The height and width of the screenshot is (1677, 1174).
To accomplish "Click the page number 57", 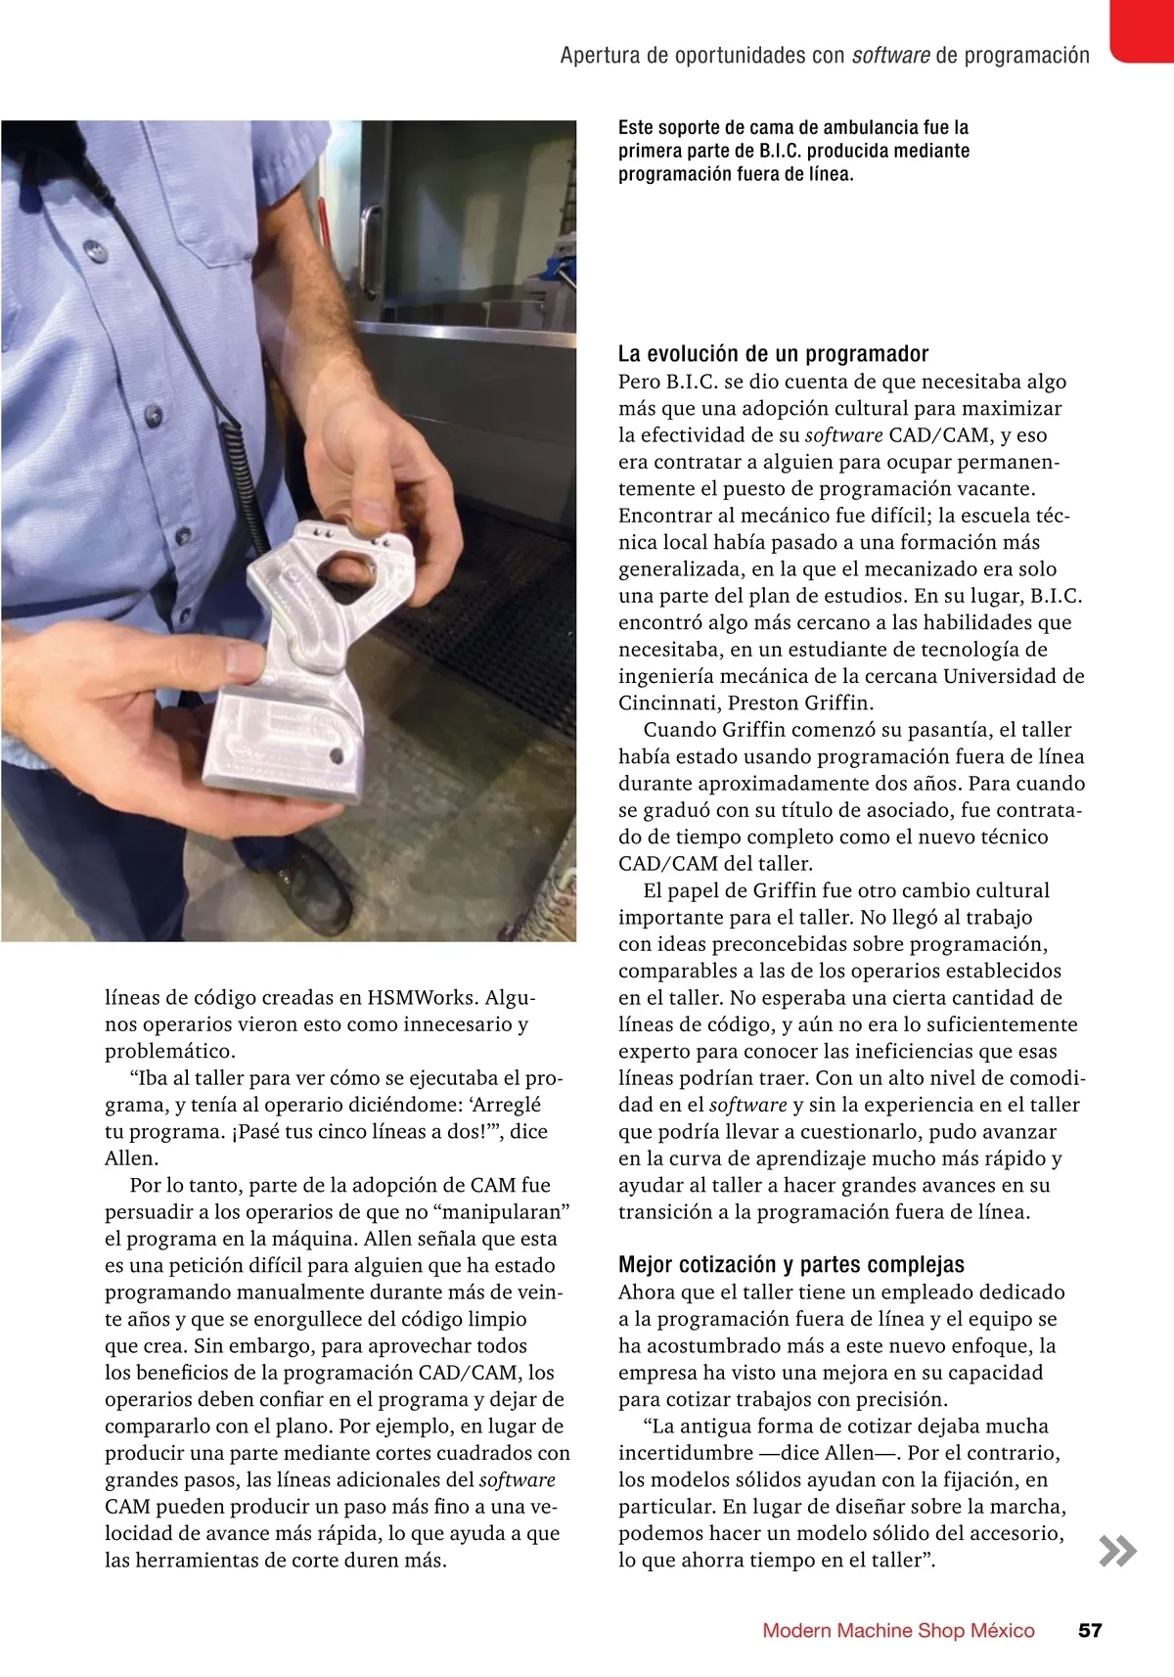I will point(1090,1631).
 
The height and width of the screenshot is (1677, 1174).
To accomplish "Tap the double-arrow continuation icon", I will point(1117,1552).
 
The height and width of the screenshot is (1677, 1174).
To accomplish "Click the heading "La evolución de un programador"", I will point(773,354).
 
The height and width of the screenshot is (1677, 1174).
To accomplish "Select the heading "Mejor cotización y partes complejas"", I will point(791,1265).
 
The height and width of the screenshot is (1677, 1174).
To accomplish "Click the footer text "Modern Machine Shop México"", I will point(898,1631).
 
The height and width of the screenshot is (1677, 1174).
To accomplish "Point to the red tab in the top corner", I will point(1142,29).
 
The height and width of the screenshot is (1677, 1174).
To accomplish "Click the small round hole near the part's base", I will point(337,755).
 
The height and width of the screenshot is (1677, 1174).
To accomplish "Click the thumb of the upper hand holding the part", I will point(373,504).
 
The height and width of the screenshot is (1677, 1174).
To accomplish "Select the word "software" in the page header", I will point(890,56).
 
